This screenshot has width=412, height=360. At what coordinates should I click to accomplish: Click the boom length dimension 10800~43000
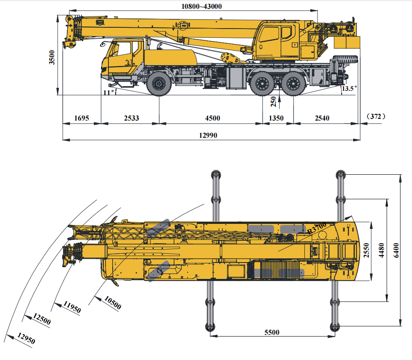pos(201,6)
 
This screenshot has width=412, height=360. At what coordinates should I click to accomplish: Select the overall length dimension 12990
pos(208,135)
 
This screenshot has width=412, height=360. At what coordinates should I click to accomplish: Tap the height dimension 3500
pos(52,57)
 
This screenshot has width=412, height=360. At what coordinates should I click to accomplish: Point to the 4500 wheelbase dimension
pos(213,118)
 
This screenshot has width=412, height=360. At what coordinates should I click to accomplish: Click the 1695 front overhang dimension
pos(82,118)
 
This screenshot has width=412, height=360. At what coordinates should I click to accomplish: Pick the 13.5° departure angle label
pos(349,88)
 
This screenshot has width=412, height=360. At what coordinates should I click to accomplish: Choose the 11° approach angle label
pos(108,92)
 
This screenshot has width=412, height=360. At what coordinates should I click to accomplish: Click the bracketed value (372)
pos(376,116)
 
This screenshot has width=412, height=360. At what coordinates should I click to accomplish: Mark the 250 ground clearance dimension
pos(274,102)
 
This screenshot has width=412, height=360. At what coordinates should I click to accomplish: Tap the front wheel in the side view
pos(159,84)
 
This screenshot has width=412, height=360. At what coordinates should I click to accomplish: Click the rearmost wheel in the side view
pos(293,84)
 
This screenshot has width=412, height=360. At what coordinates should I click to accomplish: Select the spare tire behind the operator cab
pos(345,59)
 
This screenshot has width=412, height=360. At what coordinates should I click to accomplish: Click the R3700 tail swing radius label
pos(317,228)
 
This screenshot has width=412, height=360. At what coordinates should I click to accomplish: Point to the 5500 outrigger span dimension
pos(272,332)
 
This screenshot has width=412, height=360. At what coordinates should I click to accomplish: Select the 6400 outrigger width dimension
pos(396,250)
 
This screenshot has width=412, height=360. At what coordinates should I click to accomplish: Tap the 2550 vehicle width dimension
pos(366,250)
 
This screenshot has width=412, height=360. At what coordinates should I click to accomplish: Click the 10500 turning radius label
pos(113,302)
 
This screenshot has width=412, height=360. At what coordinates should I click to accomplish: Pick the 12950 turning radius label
pos(26,338)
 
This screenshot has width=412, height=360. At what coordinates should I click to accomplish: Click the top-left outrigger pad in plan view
pos(216,175)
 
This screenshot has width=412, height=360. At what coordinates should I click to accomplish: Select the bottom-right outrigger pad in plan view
pos(335,327)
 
